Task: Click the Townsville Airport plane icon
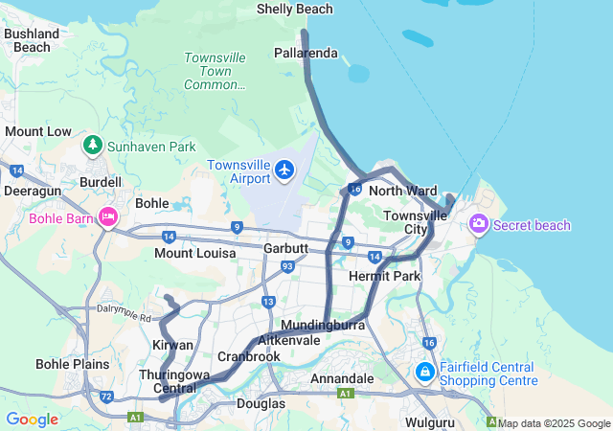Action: (x=284, y=170)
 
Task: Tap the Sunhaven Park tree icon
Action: (x=93, y=146)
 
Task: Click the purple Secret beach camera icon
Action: (x=478, y=224)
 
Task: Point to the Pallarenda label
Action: (x=306, y=53)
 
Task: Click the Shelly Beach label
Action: (x=295, y=9)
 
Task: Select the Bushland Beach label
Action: (x=33, y=40)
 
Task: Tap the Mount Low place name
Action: (x=38, y=131)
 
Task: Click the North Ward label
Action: (x=402, y=191)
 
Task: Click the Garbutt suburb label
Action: (x=285, y=248)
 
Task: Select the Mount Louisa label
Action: (x=194, y=254)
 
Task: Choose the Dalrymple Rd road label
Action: (x=124, y=312)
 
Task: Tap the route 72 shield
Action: (x=106, y=396)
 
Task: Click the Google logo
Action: (x=32, y=420)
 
